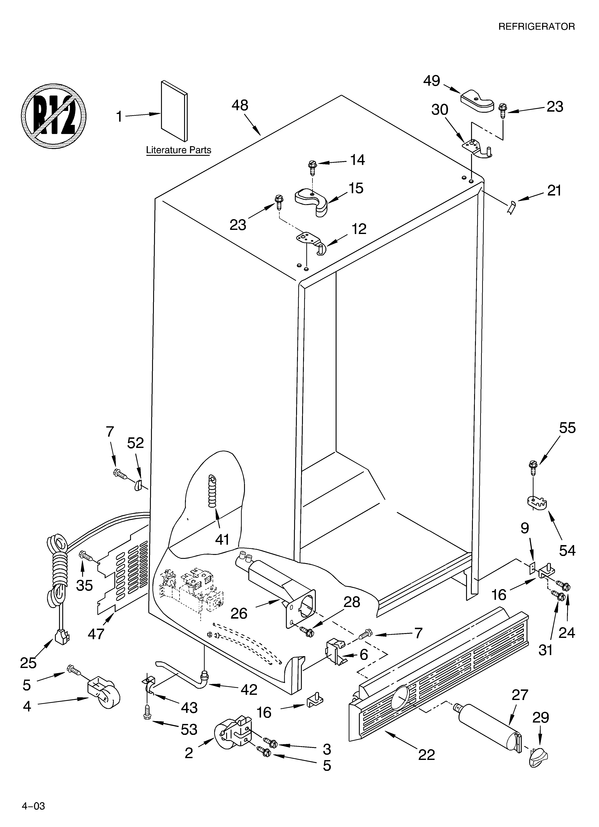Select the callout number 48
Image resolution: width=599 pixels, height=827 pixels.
tap(240, 106)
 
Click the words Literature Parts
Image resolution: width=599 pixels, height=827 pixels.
tap(178, 150)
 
